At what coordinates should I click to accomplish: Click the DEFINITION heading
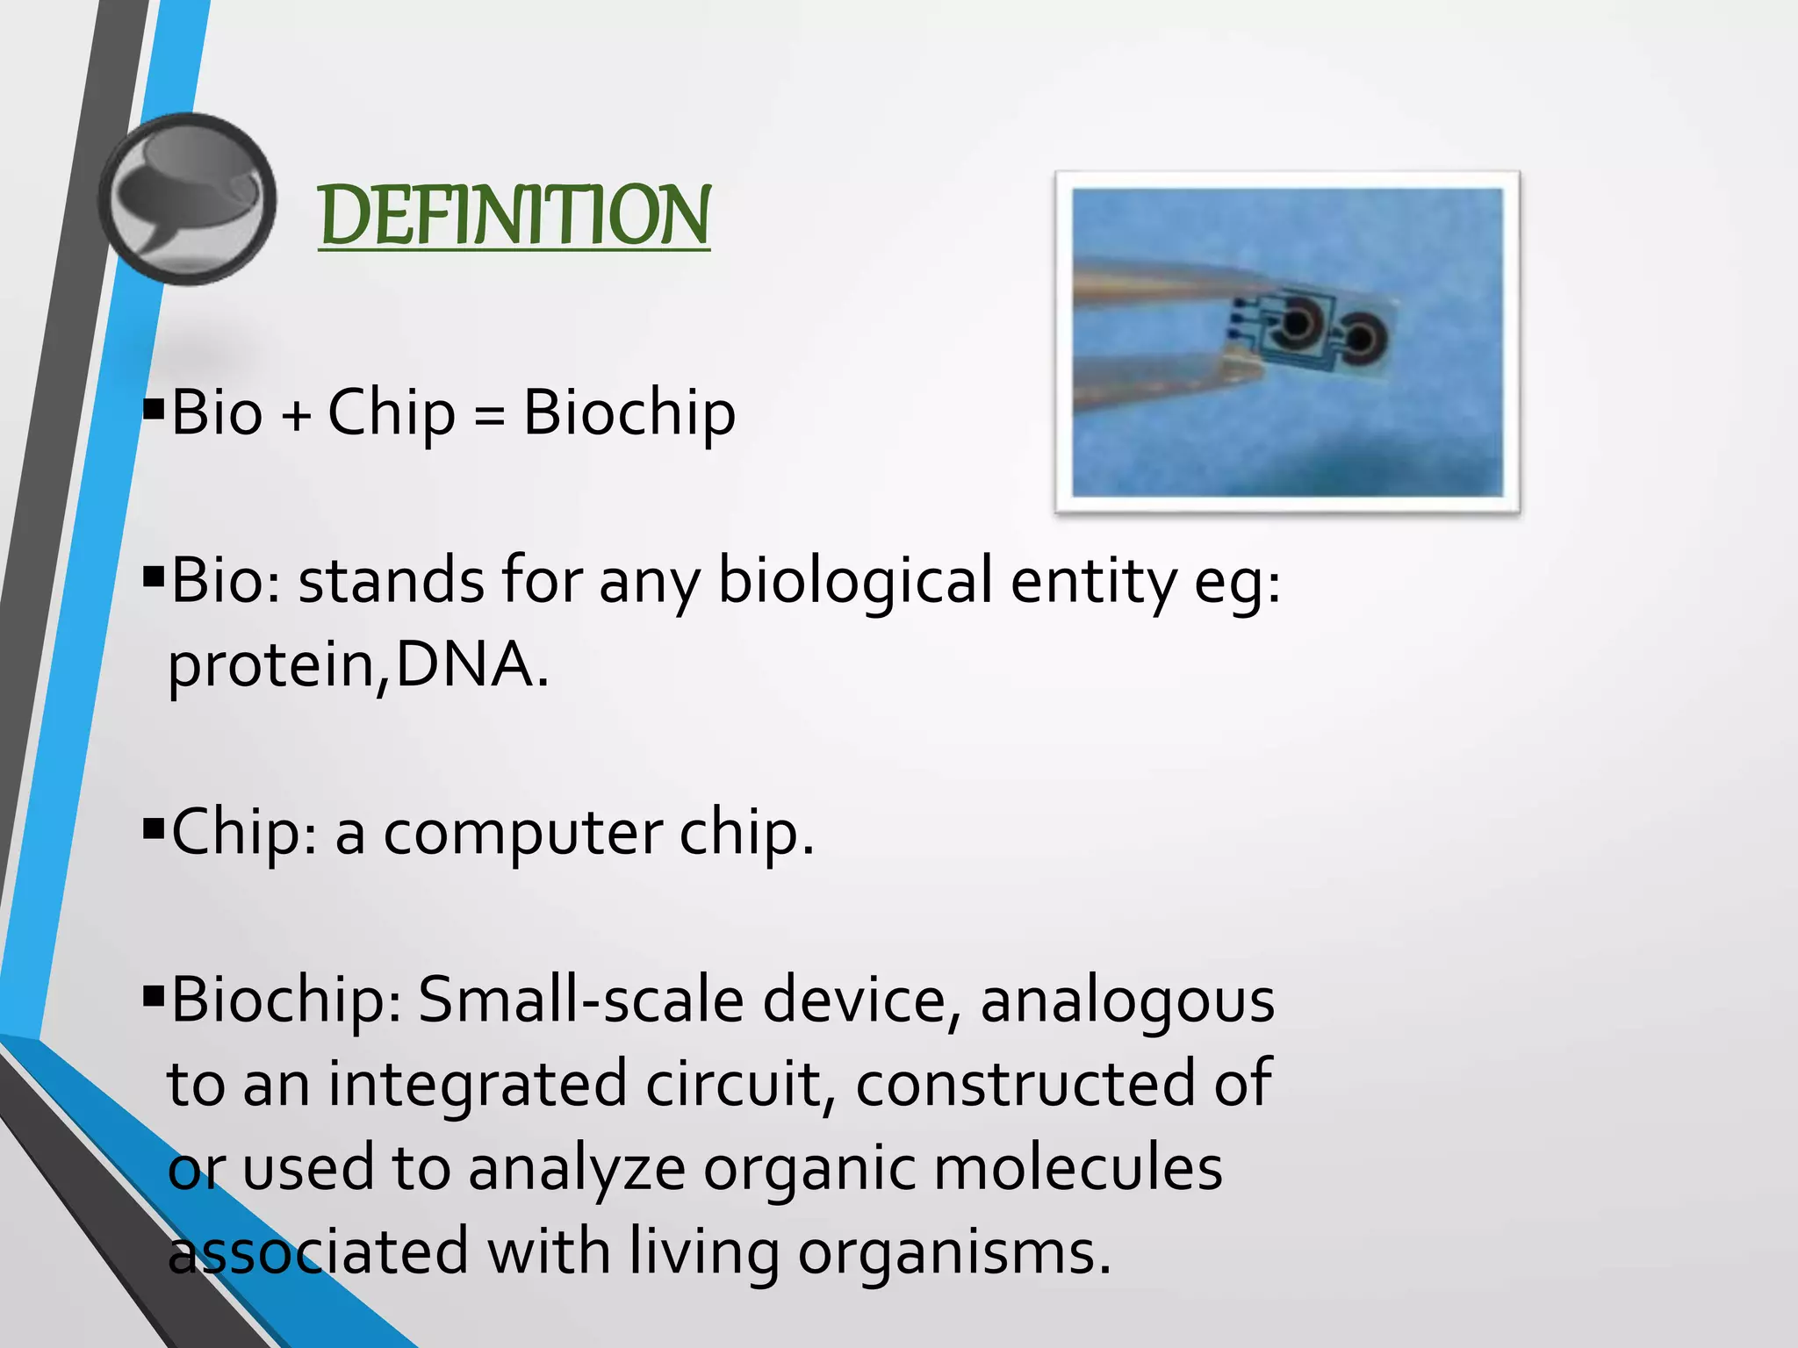tap(514, 216)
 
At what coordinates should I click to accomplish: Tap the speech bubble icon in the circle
tap(187, 198)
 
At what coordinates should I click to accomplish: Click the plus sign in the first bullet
tap(296, 414)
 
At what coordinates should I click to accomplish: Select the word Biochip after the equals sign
tap(629, 412)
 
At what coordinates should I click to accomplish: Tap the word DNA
tap(464, 664)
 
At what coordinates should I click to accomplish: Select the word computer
tap(523, 832)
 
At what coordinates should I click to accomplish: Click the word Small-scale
tap(580, 1000)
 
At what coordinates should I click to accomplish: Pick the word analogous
tap(1126, 1001)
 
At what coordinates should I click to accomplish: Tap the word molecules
tap(1077, 1168)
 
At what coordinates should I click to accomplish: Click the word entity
tap(1092, 581)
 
